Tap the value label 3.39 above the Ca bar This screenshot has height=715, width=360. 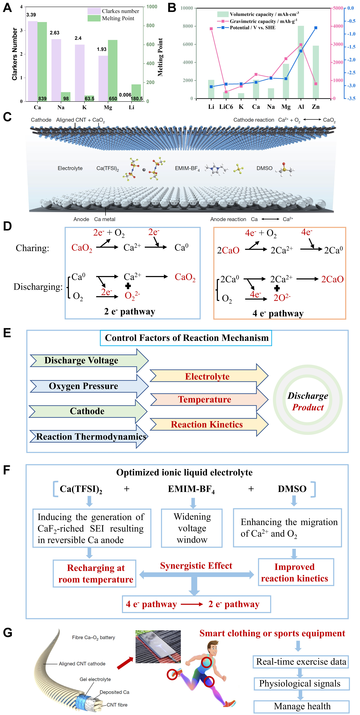pyautogui.click(x=31, y=15)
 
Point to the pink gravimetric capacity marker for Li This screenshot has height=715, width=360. pyautogui.click(x=211, y=29)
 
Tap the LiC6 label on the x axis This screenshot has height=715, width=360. pyautogui.click(x=226, y=107)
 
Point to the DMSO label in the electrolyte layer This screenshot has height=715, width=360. pyautogui.click(x=264, y=168)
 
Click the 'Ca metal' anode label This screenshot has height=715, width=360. pyautogui.click(x=105, y=219)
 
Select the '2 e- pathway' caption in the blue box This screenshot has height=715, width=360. pyautogui.click(x=130, y=311)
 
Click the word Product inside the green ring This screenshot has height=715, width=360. pyautogui.click(x=308, y=408)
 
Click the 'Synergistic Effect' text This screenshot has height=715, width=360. pyautogui.click(x=196, y=566)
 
